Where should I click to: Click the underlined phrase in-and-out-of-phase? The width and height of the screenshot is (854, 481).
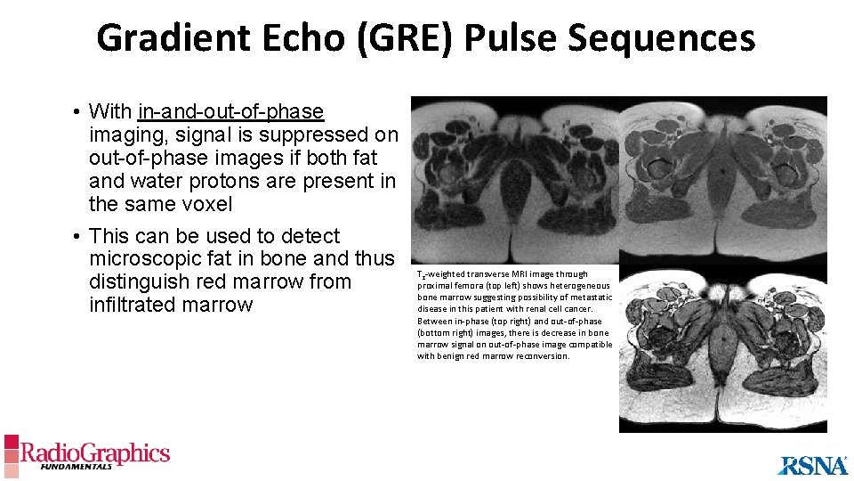click(x=231, y=111)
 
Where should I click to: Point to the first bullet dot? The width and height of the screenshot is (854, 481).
click(x=78, y=112)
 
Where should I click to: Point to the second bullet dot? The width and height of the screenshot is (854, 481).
click(x=78, y=237)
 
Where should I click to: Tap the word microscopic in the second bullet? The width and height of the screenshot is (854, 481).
click(x=144, y=259)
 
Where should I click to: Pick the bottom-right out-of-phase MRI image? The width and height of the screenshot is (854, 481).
click(x=722, y=351)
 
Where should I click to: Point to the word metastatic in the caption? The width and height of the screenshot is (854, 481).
click(x=590, y=298)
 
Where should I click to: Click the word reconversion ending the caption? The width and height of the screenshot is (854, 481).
click(x=544, y=356)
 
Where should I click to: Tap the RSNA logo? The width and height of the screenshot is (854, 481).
click(x=813, y=464)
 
